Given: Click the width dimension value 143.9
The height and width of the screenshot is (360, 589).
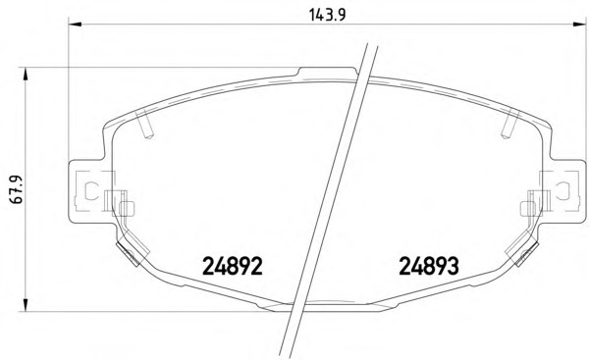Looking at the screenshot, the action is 327,15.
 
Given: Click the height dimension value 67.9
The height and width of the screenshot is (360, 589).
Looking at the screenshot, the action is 17,189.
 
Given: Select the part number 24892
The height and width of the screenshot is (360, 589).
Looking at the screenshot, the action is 232,266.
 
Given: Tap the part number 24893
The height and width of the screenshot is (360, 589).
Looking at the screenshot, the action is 429,266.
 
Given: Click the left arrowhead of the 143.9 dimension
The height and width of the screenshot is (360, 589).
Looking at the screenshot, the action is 76,25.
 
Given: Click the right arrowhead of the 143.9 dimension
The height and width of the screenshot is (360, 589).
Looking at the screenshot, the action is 579,25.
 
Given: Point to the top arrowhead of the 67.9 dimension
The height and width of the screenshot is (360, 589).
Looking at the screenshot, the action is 26,75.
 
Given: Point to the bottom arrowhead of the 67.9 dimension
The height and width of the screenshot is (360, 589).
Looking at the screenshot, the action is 26,304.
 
